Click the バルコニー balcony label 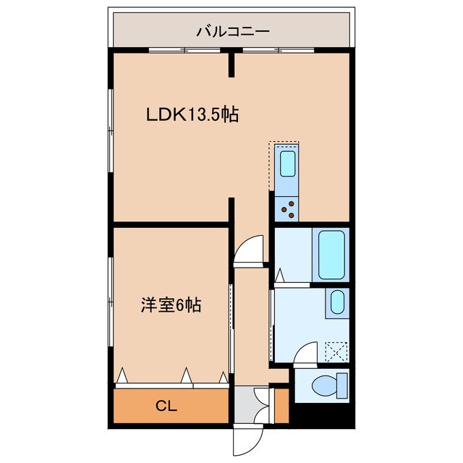coord(231,32)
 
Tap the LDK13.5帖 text coord(192,114)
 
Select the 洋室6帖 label coord(170,305)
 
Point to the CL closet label coord(167,405)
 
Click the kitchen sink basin coord(287,165)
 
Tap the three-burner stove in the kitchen coord(287,208)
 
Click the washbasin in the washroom coord(336,302)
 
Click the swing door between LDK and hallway coord(249,252)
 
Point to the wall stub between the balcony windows coord(232,64)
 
